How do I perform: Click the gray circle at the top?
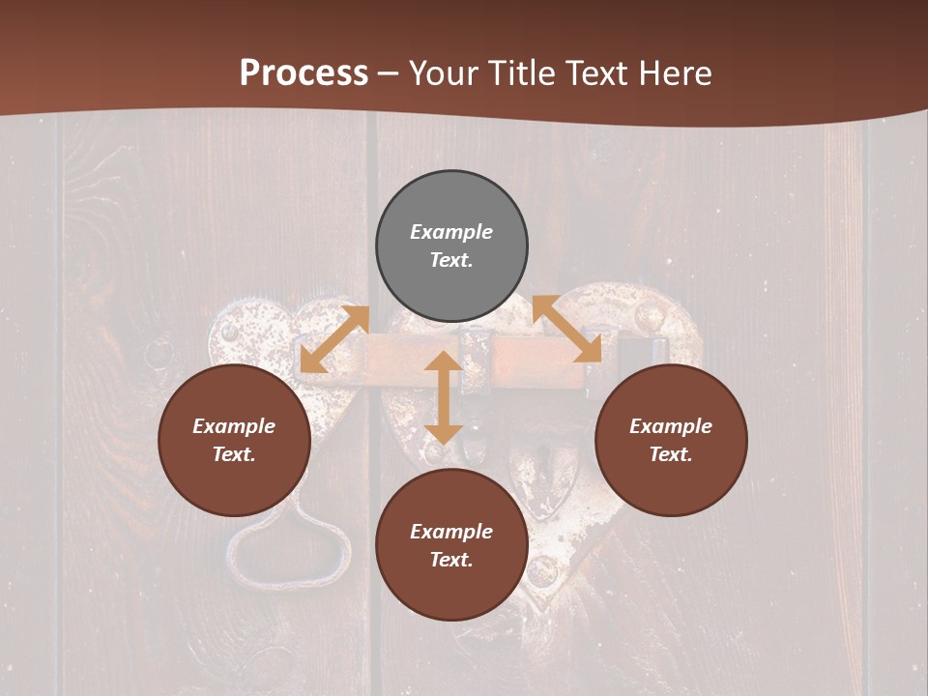[x=451, y=246]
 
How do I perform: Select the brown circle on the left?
[x=234, y=441]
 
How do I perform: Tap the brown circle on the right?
[x=671, y=441]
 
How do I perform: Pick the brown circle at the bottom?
[x=451, y=545]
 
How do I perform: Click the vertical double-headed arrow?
[x=444, y=397]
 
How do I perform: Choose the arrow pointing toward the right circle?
[x=567, y=330]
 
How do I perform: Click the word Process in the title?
[x=304, y=72]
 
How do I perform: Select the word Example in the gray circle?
[x=451, y=232]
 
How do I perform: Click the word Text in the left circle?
[x=234, y=454]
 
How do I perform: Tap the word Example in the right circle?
[x=671, y=426]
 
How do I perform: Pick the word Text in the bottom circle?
[x=451, y=560]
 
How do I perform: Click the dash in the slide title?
[x=389, y=72]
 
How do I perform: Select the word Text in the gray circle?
[x=451, y=260]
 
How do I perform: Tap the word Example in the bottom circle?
[x=451, y=532]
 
